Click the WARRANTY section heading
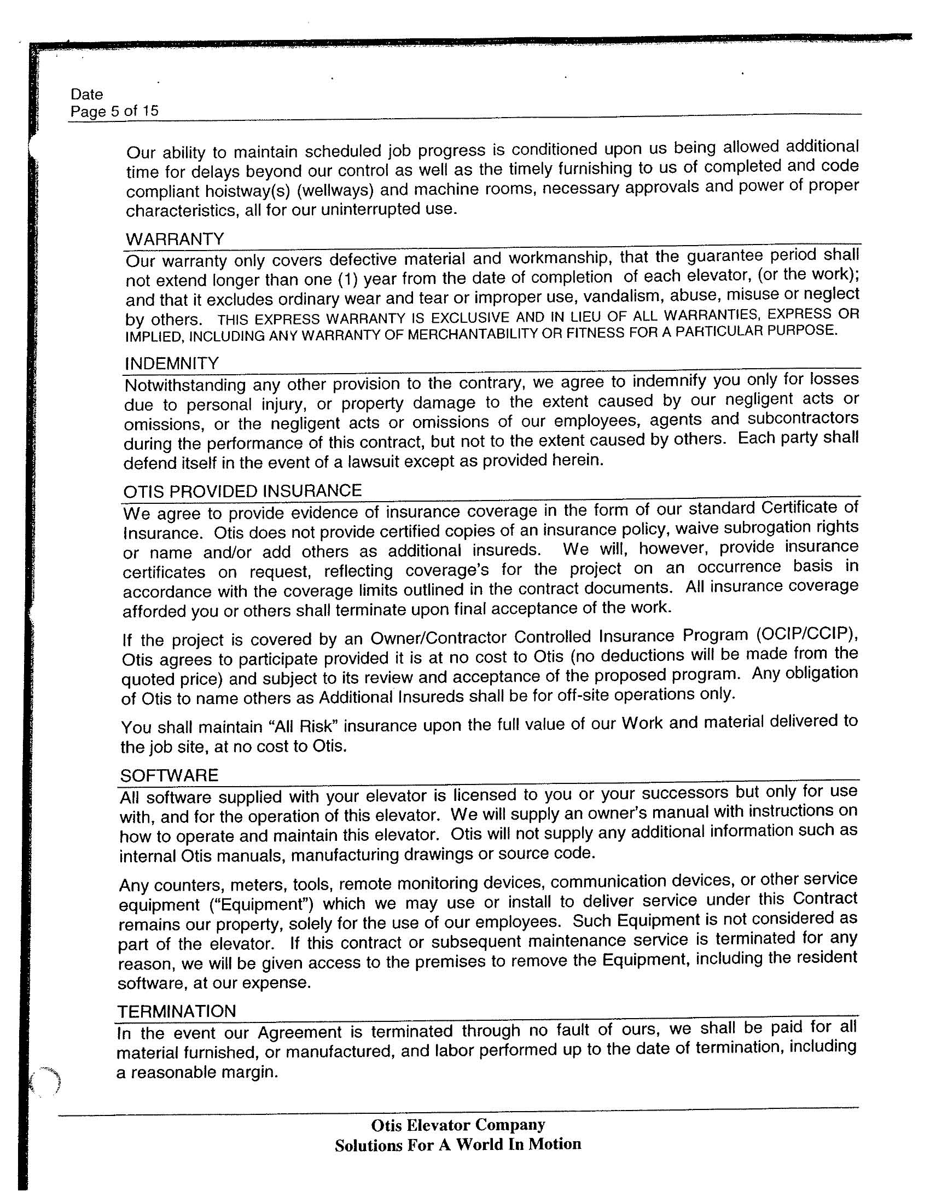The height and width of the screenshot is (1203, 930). coord(175,239)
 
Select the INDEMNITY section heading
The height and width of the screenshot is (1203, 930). coord(172,364)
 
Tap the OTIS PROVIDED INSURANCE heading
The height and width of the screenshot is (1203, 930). coord(242,491)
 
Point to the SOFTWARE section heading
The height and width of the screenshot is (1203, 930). coord(169,776)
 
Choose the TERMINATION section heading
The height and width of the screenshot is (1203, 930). coord(176,1012)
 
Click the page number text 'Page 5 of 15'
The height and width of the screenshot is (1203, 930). coord(114,111)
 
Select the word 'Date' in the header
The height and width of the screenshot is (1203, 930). coord(86,94)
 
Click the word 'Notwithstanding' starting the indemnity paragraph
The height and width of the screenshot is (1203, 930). coord(184,385)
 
